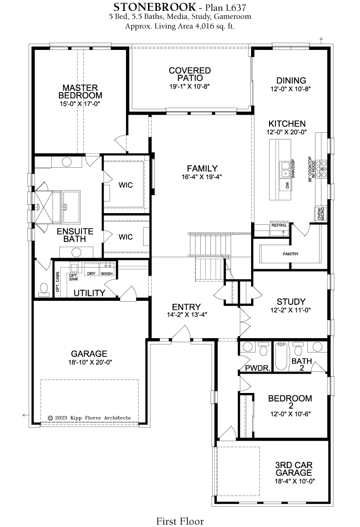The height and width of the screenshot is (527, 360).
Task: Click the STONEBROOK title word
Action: (x=154, y=7)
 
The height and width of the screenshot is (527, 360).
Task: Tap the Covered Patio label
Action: (x=190, y=74)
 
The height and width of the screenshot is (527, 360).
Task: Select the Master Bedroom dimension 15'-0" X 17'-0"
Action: (x=80, y=104)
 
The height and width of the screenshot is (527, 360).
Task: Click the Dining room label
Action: (x=291, y=80)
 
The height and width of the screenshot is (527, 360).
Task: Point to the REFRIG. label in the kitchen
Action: (x=279, y=225)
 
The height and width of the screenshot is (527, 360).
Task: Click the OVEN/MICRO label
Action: (x=321, y=214)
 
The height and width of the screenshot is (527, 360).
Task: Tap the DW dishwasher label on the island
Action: (x=288, y=185)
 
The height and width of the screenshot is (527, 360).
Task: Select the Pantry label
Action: (x=290, y=254)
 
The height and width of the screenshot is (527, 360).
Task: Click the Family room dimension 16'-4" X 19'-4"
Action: (x=202, y=176)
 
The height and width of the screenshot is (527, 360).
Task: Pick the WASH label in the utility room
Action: (x=107, y=273)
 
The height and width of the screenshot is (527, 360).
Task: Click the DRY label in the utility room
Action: (x=91, y=273)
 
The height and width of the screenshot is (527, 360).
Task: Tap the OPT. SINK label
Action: (x=73, y=277)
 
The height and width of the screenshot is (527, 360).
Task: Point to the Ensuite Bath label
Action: (x=75, y=235)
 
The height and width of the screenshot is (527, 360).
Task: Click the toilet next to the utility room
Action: (x=43, y=290)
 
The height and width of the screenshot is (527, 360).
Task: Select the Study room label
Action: (x=291, y=301)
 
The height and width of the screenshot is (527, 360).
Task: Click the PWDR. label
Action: (x=258, y=368)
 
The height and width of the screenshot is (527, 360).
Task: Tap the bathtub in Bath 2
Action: (x=281, y=357)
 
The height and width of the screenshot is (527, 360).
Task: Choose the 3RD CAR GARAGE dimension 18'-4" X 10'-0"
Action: (x=295, y=481)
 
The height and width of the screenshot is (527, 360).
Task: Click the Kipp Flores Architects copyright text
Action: (x=89, y=418)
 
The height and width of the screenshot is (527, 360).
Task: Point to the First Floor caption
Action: (x=180, y=521)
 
